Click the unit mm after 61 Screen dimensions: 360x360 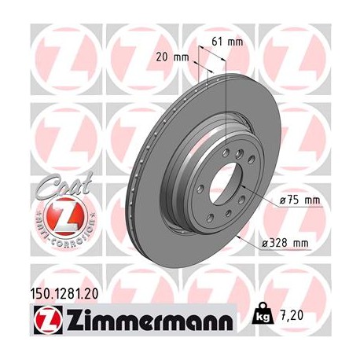[x=234, y=42]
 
